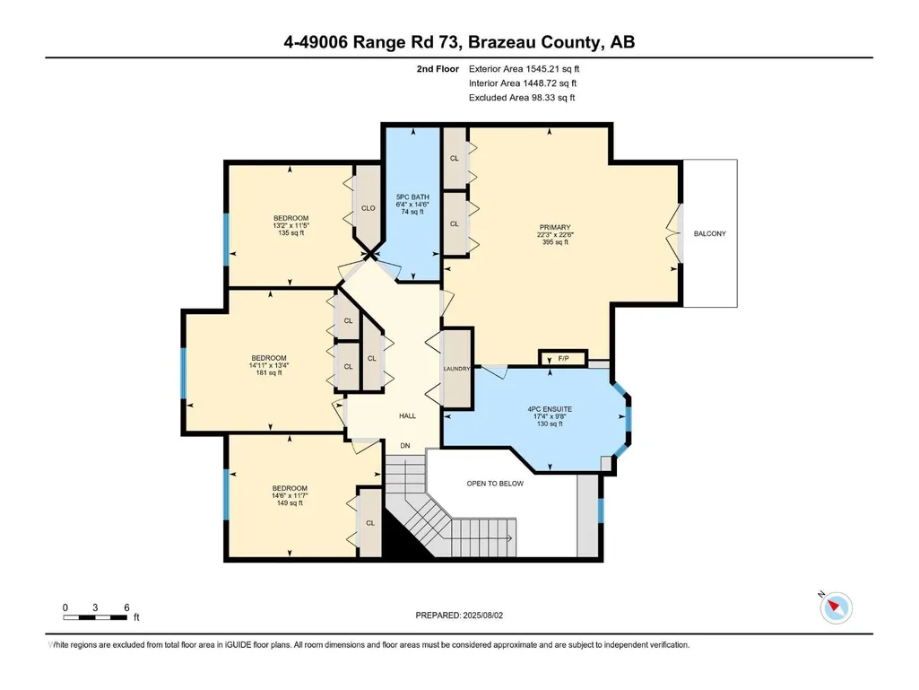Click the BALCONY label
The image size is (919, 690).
point(709,233)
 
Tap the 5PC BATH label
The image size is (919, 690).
point(412,197)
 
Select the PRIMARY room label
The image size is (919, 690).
point(555,228)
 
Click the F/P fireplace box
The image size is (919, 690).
point(563,358)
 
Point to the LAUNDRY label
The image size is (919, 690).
point(456,369)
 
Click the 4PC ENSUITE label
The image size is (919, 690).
point(550,409)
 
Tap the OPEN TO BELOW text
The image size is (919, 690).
point(495,484)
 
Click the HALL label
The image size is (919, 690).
point(407,416)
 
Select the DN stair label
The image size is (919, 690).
point(405,446)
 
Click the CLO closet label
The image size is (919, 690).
point(368,208)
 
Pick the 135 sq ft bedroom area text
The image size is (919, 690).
point(291,233)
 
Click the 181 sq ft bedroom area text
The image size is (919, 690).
point(269,372)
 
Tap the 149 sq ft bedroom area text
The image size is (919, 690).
point(290,502)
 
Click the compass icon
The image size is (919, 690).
point(836,607)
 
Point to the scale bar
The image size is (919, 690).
point(96,617)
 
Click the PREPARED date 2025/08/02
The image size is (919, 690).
point(483,616)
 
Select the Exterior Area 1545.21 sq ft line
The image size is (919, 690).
point(524,69)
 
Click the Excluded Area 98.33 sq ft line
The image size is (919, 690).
point(522,98)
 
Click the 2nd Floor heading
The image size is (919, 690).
point(438,69)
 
